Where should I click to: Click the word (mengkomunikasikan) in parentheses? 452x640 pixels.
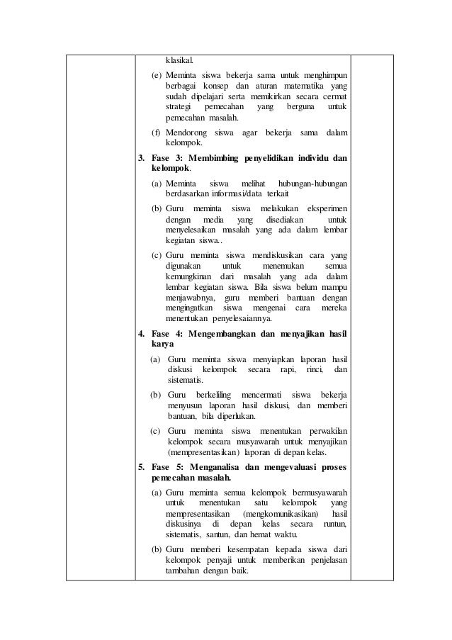pyautogui.click(x=281, y=513)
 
